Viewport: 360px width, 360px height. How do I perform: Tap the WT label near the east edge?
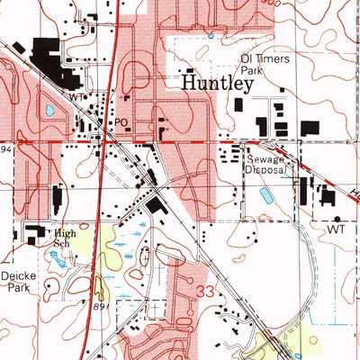coord(337,230)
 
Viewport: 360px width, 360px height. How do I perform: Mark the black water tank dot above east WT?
coord(337,218)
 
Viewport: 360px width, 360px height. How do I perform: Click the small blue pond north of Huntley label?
coord(210,37)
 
